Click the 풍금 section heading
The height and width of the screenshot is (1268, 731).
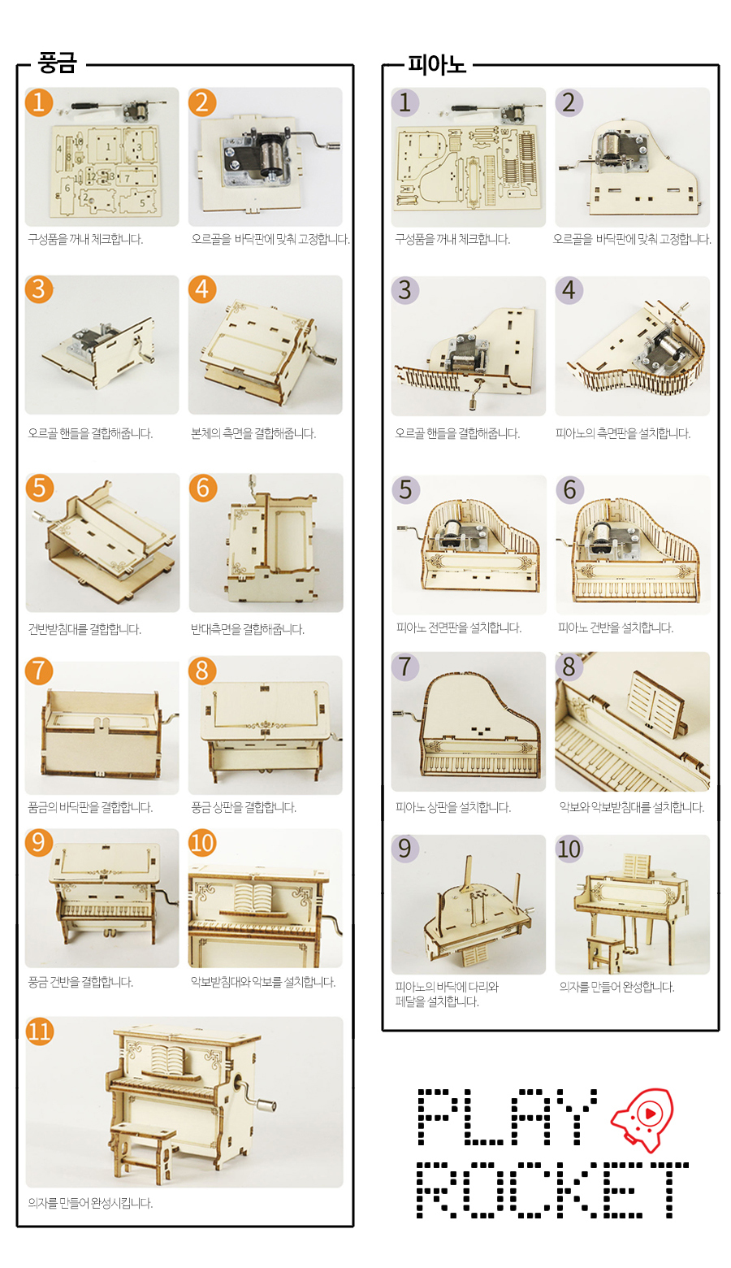57,63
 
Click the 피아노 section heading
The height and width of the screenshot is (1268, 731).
436,64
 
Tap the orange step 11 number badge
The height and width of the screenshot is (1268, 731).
40,1031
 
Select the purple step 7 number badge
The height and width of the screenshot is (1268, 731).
405,667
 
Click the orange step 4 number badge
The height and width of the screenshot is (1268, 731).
202,289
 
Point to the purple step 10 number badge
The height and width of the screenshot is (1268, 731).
569,849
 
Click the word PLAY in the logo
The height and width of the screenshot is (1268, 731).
507,1116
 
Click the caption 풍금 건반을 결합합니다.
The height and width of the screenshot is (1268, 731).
80,982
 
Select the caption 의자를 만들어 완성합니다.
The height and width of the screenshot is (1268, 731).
616,987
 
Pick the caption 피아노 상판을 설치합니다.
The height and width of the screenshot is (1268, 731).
453,807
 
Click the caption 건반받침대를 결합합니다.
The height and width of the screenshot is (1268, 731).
84,629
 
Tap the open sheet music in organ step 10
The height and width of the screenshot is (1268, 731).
253,897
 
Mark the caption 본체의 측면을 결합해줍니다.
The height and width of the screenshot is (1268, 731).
253,433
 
